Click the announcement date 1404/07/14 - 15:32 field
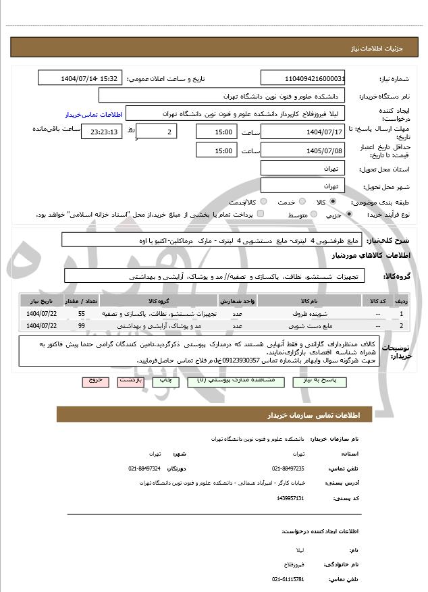pos(80,79)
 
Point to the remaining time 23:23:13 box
pos(102,132)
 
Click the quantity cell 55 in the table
pos(82,315)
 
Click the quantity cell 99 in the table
pos(82,326)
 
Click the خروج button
pos(95,381)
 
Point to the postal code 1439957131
pos(290,498)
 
